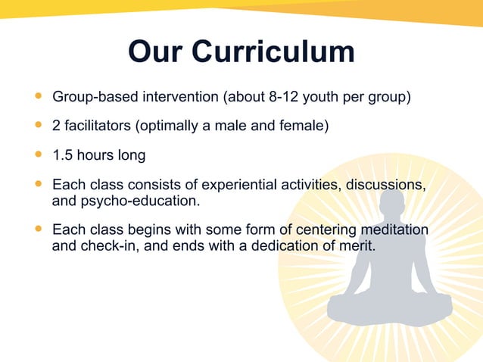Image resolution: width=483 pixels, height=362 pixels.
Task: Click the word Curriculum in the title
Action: pyautogui.click(x=273, y=51)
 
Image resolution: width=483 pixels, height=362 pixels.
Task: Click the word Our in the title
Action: pyautogui.click(x=156, y=51)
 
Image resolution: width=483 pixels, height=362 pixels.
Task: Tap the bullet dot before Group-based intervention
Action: pyautogui.click(x=38, y=97)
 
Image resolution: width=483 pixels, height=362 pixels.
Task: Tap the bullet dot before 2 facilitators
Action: pyautogui.click(x=38, y=125)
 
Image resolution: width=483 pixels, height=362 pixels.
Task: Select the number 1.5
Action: pyautogui.click(x=63, y=155)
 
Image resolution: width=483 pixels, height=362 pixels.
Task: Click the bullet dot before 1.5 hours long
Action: pyautogui.click(x=38, y=154)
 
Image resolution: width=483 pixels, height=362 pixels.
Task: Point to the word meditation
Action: pyautogui.click(x=396, y=230)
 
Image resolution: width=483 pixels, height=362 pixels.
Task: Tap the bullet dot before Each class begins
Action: pyautogui.click(x=38, y=229)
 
